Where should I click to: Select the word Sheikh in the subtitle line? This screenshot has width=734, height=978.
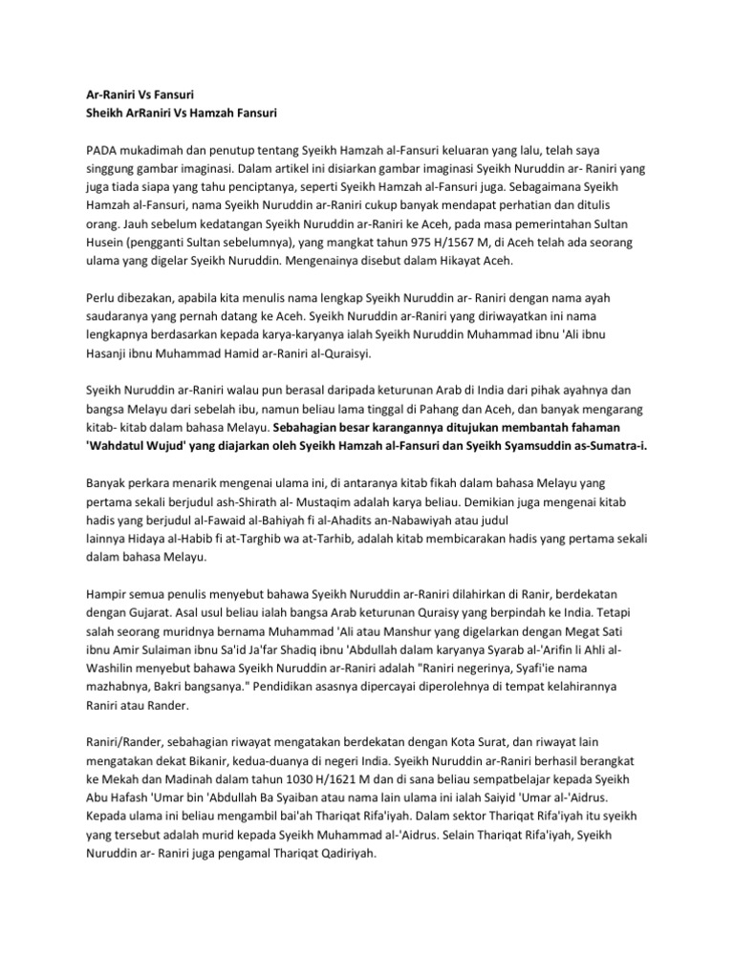(x=107, y=114)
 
